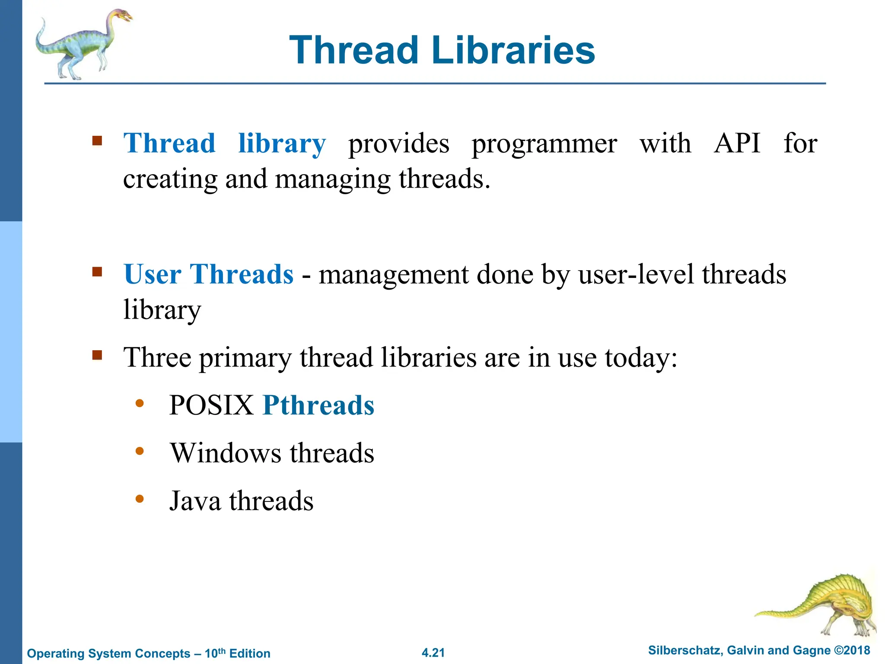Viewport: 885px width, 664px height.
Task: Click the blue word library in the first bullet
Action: pos(282,144)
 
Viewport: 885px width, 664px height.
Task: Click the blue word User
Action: pos(152,274)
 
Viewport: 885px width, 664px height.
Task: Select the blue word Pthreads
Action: pos(318,405)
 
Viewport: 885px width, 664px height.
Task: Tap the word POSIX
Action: pos(211,405)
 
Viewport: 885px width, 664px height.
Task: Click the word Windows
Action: pos(226,453)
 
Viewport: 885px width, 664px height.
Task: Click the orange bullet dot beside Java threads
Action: pos(139,499)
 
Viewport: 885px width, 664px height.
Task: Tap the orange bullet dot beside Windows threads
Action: pos(139,451)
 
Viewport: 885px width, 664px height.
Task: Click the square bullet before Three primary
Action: pos(97,355)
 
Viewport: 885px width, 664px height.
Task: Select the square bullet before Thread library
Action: pos(97,141)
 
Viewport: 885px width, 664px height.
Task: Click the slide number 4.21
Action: pos(433,653)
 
